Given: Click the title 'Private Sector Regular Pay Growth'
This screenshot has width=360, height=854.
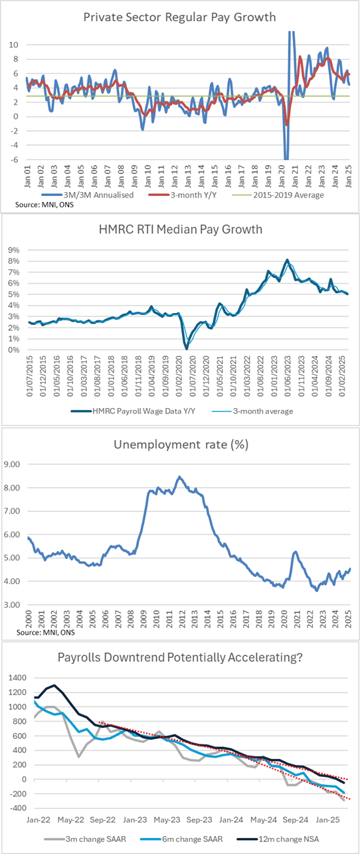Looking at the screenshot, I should point(179,18).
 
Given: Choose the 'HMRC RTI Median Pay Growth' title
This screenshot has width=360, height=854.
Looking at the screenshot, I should point(179,231).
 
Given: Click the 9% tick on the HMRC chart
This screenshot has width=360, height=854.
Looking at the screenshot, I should point(15,249).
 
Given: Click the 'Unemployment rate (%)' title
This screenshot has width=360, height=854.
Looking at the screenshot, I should point(179,445).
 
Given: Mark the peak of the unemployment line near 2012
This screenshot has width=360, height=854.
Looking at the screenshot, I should point(179,477).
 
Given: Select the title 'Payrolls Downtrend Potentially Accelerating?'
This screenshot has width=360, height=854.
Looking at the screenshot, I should point(179,658).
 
